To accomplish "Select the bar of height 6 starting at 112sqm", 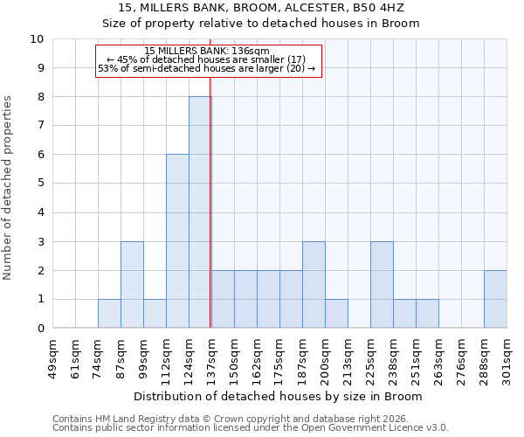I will tap(177, 241).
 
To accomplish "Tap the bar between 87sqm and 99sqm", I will tap(132, 285).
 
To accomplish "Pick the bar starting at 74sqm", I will tap(109, 314).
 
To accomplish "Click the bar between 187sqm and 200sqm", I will tap(314, 285).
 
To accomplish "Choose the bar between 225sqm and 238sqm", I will tap(382, 285).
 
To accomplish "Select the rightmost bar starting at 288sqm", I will tap(495, 300).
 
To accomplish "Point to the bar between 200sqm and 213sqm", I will tap(336, 314).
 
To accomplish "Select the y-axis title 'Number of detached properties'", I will tap(9, 189).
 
